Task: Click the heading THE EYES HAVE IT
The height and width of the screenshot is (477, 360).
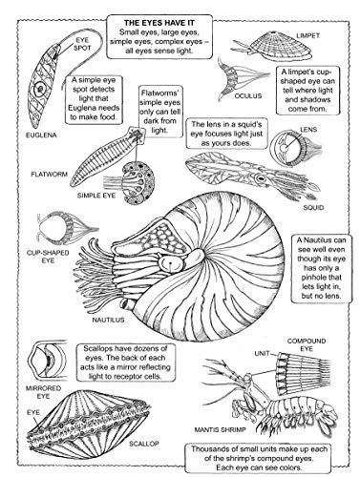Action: [159, 23]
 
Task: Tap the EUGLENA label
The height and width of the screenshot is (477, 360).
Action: [41, 135]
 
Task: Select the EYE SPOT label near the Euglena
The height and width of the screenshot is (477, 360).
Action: [82, 44]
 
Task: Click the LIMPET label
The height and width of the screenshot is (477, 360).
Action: [307, 35]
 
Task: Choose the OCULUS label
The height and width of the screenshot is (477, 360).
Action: [248, 95]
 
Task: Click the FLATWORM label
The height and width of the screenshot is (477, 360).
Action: [50, 175]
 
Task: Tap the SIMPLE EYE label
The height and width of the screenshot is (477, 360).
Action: [96, 196]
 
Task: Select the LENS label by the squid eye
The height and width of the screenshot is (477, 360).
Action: [308, 130]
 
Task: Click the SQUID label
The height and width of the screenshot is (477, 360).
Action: [313, 208]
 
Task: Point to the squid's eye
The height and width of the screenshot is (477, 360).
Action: [262, 178]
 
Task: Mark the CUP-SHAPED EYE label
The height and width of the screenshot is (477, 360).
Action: [48, 257]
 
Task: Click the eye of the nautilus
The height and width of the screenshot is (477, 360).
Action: [171, 262]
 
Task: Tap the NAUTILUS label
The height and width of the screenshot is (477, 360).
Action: [108, 320]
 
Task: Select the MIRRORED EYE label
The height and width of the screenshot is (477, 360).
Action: [43, 392]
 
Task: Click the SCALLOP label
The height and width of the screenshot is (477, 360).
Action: [144, 444]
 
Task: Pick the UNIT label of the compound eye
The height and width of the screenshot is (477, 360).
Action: [263, 353]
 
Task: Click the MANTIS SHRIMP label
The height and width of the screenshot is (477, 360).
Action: [221, 429]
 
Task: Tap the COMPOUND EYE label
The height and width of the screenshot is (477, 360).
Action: [307, 344]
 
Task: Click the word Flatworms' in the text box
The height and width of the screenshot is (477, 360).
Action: [160, 93]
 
